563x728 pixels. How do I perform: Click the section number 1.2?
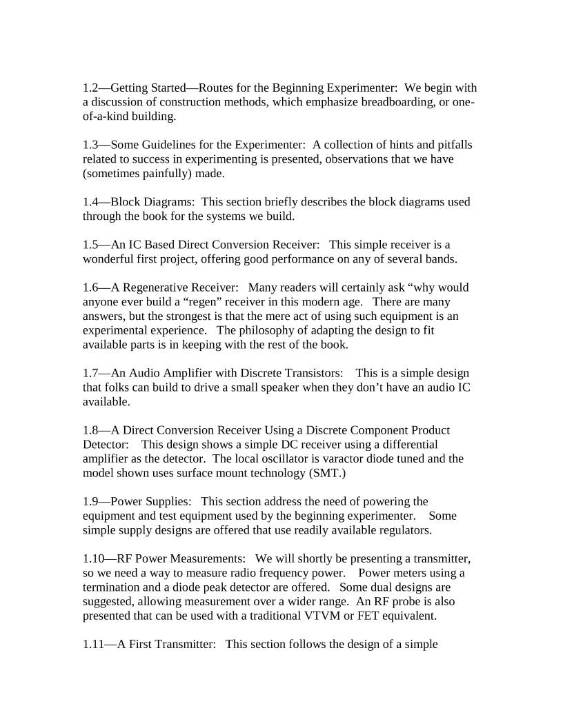[91, 88]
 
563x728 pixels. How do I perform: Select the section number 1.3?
[91, 145]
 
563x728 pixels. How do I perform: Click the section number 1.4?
[91, 203]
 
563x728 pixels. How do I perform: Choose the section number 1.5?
[91, 245]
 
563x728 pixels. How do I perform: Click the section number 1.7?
[91, 374]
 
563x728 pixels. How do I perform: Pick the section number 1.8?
[91, 431]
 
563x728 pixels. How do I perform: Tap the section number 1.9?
[91, 502]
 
